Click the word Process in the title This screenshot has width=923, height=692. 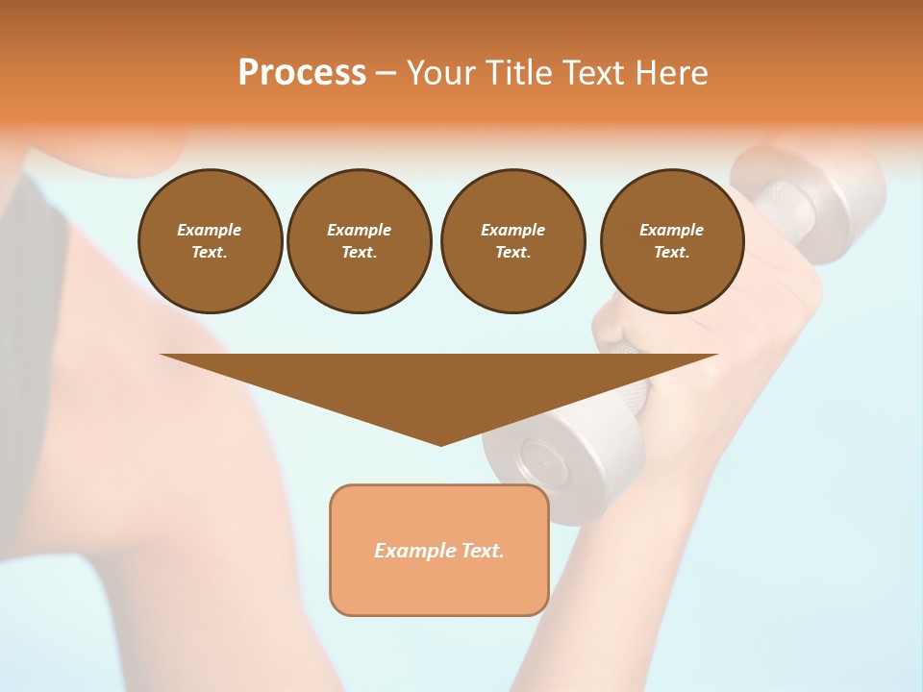[x=302, y=73]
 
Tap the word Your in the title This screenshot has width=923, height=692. [x=443, y=73]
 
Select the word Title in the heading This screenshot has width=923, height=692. [x=521, y=73]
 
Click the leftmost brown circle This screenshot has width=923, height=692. [x=210, y=241]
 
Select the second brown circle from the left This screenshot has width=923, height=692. [x=359, y=241]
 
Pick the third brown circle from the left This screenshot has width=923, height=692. [x=512, y=241]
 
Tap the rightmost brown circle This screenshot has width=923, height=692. [x=671, y=241]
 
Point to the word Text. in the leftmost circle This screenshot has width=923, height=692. [x=210, y=253]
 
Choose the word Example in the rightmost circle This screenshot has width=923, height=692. [x=671, y=230]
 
